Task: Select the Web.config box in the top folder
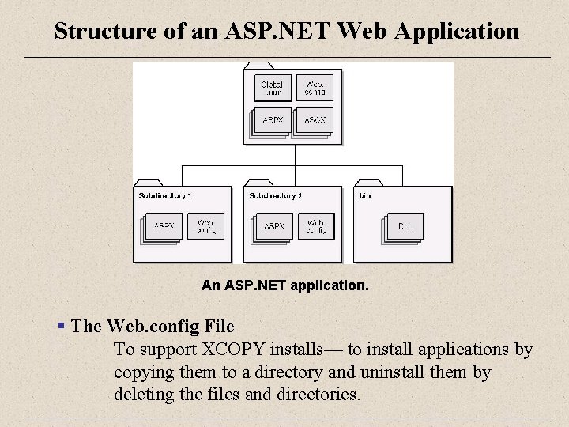point(315,88)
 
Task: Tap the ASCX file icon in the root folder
point(315,120)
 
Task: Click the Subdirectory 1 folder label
point(164,195)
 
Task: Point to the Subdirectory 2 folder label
point(275,195)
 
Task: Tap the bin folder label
point(365,195)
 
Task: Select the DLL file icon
point(405,226)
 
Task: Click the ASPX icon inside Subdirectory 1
point(164,226)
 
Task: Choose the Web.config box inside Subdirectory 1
point(205,226)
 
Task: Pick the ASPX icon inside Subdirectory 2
point(274,226)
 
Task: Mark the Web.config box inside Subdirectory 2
point(316,226)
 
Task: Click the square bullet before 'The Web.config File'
point(61,326)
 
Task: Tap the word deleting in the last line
point(144,393)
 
